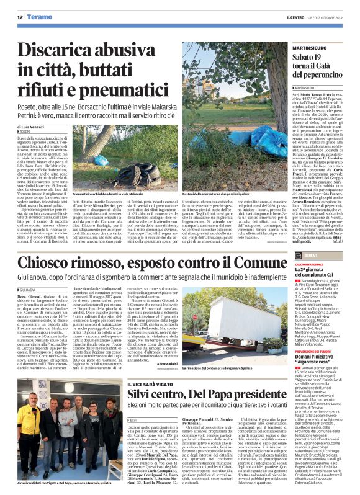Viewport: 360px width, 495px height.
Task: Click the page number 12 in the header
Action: coord(20,17)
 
